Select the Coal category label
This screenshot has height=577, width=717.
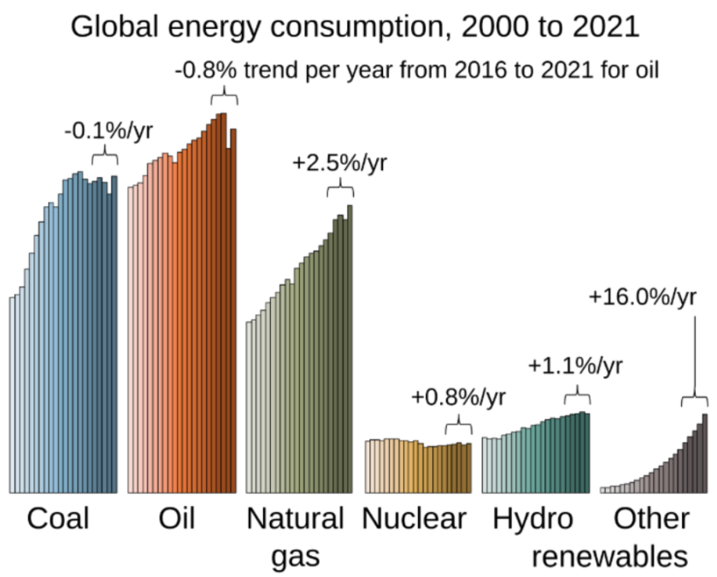pyautogui.click(x=58, y=519)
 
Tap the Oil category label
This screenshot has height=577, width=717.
pyautogui.click(x=176, y=519)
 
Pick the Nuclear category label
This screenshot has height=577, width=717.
pyautogui.click(x=414, y=519)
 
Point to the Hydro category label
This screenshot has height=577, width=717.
pyautogui.click(x=533, y=519)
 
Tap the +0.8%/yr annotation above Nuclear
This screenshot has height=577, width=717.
pyautogui.click(x=458, y=397)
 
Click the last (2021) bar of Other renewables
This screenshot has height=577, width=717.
pyautogui.click(x=705, y=453)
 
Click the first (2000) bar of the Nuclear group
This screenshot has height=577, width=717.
pyautogui.click(x=367, y=466)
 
